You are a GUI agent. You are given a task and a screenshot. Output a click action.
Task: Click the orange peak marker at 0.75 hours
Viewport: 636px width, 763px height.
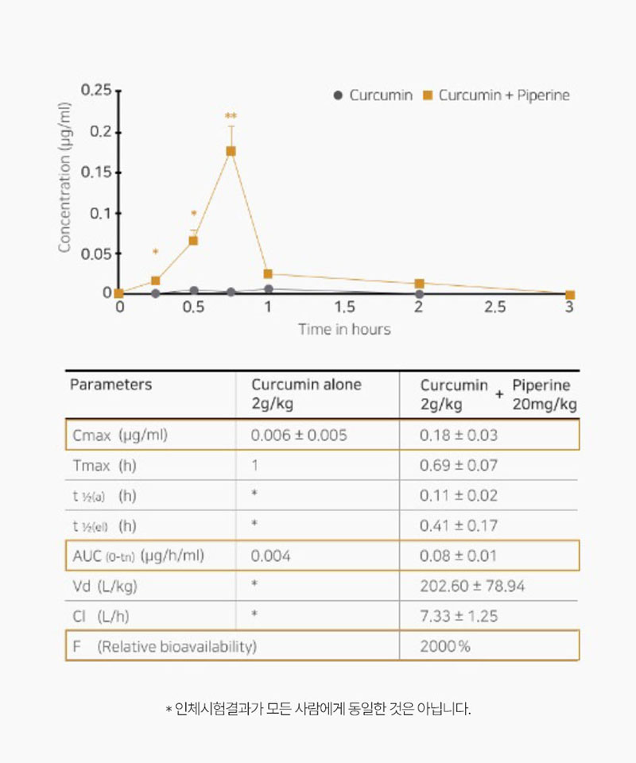[231, 151]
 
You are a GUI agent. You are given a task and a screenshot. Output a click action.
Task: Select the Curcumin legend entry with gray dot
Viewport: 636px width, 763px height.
[373, 95]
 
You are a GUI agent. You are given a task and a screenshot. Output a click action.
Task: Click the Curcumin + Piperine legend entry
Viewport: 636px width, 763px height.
[496, 95]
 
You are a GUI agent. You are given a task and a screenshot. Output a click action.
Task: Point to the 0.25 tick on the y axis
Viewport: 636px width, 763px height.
[96, 91]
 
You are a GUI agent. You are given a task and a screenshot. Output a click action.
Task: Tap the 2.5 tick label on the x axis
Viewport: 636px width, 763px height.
[494, 308]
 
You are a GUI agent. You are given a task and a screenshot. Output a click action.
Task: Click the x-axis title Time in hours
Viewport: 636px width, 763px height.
[344, 329]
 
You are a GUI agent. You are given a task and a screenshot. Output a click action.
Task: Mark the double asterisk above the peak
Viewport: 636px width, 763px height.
[231, 117]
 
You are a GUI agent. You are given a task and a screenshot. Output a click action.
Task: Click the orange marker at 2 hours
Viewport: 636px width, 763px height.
[420, 284]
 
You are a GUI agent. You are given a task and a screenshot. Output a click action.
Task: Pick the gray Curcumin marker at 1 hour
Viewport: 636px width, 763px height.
[269, 289]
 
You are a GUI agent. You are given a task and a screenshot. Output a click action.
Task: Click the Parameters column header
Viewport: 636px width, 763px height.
[111, 385]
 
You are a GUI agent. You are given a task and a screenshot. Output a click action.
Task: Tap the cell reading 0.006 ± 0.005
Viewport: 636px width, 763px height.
[299, 436]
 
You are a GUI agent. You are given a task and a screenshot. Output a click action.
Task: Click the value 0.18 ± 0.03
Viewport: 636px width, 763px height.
[458, 436]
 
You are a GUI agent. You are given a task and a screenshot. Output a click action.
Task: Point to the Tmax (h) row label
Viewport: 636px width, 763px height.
[104, 466]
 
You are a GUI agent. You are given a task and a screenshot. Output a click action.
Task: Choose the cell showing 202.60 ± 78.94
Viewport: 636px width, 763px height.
[472, 587]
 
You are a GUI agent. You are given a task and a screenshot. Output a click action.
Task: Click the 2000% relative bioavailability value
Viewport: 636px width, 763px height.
[445, 646]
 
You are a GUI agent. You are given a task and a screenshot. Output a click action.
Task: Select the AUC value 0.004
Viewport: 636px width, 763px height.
[270, 556]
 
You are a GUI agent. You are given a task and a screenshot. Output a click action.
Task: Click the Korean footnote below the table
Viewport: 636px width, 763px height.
[318, 708]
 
